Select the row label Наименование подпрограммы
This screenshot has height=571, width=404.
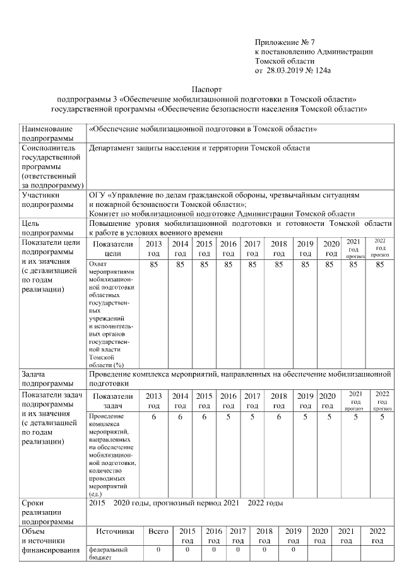click(x=47, y=132)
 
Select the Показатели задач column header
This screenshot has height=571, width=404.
click(x=112, y=400)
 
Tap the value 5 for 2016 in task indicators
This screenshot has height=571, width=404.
click(x=228, y=416)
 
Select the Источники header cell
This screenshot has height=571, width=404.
click(x=116, y=531)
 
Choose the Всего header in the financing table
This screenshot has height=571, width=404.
click(x=158, y=531)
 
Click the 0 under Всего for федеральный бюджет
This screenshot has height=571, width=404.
click(x=158, y=550)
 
